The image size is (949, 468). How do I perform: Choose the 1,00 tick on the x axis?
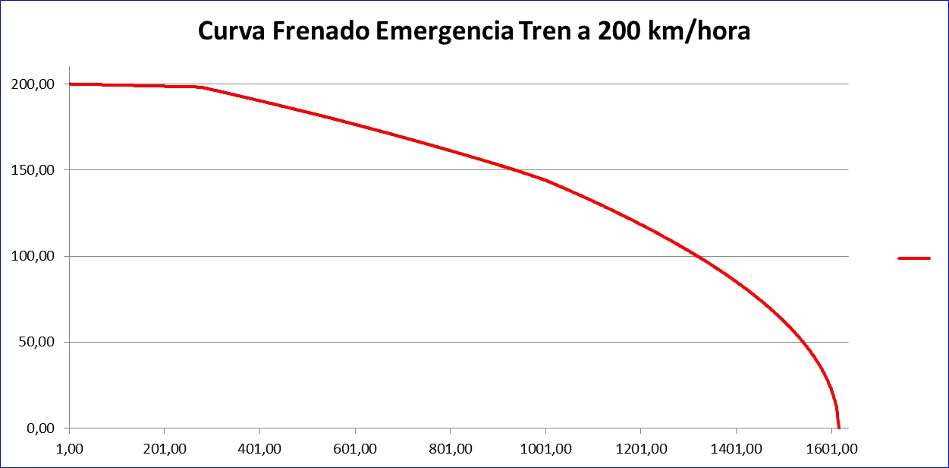pyautogui.click(x=69, y=449)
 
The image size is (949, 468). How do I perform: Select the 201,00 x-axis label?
pyautogui.click(x=164, y=449)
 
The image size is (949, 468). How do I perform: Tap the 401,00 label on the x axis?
pyautogui.click(x=259, y=449)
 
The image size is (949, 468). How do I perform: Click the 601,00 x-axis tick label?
pyautogui.click(x=355, y=449)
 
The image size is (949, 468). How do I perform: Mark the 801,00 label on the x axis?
pyautogui.click(x=450, y=449)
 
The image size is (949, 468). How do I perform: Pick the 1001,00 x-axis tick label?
pyautogui.click(x=545, y=449)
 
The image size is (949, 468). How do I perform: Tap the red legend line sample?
pyautogui.click(x=913, y=258)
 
